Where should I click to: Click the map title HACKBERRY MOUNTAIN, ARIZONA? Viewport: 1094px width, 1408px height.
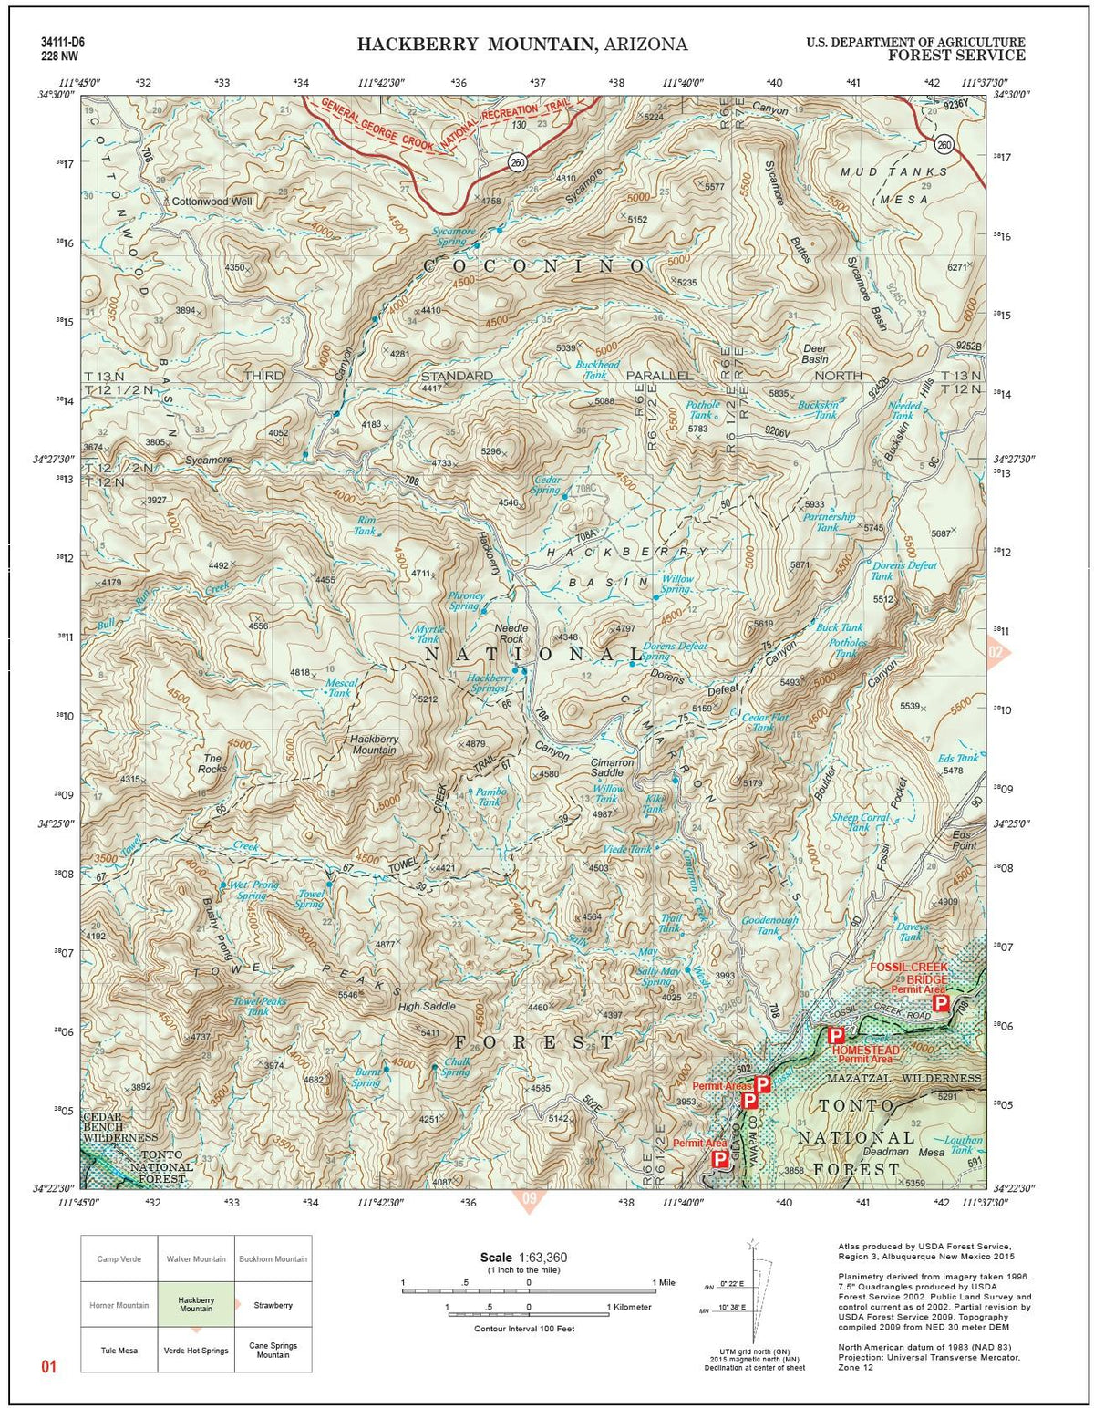(521, 45)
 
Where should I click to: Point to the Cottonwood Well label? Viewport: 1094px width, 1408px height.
(212, 201)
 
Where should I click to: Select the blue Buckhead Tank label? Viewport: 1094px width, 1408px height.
(597, 369)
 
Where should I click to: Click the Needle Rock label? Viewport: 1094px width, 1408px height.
(510, 634)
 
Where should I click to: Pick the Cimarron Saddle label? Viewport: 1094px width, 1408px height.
(612, 767)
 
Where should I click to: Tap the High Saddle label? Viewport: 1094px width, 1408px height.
(427, 1007)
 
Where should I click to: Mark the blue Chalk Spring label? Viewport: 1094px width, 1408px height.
(456, 1067)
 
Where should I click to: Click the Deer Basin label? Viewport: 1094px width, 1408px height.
(814, 354)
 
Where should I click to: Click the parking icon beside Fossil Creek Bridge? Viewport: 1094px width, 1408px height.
(941, 1003)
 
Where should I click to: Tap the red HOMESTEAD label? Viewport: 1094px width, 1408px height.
(865, 1050)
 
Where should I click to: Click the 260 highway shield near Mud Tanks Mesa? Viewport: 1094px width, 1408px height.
(944, 144)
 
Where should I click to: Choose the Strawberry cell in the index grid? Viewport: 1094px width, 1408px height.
(273, 1305)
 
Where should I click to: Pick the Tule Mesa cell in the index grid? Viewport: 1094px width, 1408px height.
(119, 1350)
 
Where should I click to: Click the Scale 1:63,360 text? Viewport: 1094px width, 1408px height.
(523, 1258)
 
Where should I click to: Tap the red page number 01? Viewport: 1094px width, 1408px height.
(49, 1366)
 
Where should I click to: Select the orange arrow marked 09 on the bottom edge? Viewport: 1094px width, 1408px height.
(529, 1199)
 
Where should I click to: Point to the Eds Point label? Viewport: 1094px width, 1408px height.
(964, 840)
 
